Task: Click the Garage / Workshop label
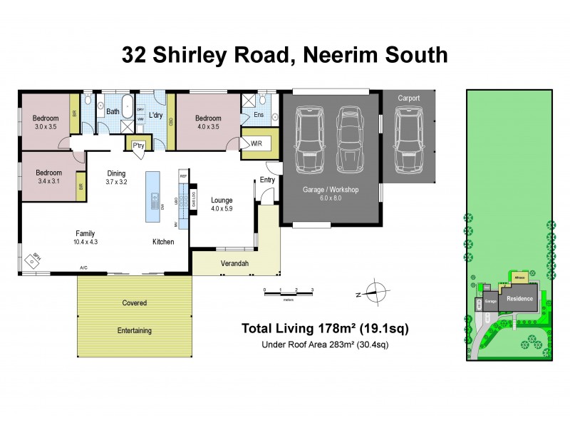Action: (331, 190)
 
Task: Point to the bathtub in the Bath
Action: (128, 107)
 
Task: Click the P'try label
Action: (139, 146)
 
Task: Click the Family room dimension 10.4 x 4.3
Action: (86, 242)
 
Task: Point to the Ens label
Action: (257, 114)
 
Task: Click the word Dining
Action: (116, 173)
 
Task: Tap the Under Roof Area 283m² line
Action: (326, 345)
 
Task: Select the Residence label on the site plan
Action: (519, 299)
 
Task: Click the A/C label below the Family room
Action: (84, 268)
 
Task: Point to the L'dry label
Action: (158, 116)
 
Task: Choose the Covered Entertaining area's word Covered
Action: (134, 303)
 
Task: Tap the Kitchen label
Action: (163, 243)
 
